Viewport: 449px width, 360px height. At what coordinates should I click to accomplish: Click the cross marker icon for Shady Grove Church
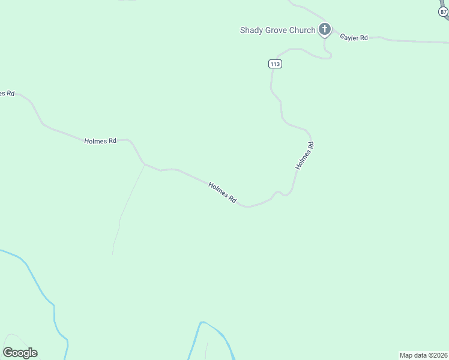324,29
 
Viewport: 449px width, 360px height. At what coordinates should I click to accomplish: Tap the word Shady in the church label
252,30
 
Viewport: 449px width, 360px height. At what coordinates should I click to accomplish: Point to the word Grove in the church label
278,30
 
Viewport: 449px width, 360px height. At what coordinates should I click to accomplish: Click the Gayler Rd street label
354,37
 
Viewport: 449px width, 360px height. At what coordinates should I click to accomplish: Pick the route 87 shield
444,11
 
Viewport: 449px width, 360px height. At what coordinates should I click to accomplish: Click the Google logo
20,353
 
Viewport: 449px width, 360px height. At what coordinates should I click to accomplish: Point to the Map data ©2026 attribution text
423,355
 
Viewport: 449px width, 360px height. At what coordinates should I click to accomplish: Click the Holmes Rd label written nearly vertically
305,155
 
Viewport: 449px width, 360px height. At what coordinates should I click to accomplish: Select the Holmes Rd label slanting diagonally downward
222,192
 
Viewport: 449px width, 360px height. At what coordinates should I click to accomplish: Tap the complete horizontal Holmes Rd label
100,141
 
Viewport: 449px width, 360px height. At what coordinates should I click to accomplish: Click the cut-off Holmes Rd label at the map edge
6,93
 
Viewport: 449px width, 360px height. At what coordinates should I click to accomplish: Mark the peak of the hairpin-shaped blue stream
202,323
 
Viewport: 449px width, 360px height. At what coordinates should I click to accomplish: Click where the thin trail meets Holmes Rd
144,164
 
